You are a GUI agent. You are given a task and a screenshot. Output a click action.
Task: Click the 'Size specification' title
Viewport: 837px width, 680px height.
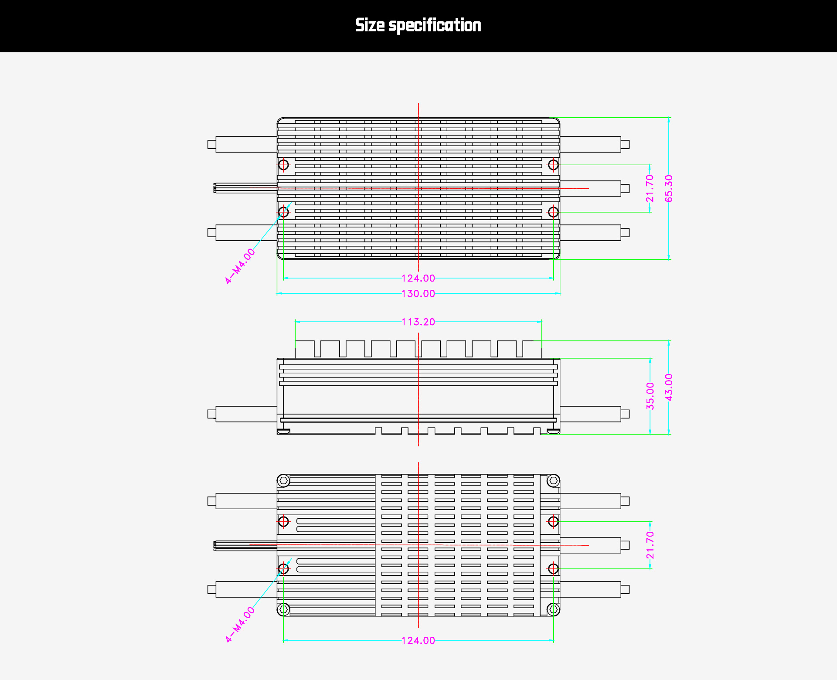coord(418,25)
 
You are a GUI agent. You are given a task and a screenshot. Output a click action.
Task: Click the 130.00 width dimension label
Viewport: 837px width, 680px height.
coord(418,294)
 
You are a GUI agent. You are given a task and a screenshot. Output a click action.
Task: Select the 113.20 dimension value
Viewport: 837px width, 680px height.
coord(418,322)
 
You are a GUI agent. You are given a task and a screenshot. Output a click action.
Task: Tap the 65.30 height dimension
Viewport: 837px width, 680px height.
coord(669,188)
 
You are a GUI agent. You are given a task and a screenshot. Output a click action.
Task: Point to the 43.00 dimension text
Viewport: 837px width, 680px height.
coord(669,387)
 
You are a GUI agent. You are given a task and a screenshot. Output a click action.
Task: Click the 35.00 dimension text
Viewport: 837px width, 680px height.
coord(650,396)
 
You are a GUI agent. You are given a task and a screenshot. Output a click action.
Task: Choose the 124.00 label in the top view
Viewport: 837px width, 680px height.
coord(418,278)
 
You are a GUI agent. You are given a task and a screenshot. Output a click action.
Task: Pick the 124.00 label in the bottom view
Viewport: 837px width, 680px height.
coord(418,640)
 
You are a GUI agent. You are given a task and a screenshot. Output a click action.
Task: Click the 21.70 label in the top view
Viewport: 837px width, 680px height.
coord(650,188)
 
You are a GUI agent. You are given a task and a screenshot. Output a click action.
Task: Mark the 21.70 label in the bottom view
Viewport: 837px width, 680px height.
coord(650,545)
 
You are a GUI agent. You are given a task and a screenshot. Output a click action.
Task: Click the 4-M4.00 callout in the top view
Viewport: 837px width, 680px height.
coord(240,266)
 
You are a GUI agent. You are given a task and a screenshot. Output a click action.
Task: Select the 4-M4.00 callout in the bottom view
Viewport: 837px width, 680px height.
coord(240,624)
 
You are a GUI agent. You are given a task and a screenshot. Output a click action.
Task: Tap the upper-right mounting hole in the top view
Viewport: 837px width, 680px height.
coord(553,165)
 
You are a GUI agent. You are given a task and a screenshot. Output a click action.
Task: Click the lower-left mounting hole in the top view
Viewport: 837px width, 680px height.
coord(283,212)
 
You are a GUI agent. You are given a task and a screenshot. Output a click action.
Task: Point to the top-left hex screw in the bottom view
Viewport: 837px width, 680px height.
coord(284,481)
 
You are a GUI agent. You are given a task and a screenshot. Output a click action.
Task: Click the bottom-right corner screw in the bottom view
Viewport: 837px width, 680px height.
coord(553,609)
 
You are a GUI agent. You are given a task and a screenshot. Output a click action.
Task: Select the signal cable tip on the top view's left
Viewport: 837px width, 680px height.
coord(215,188)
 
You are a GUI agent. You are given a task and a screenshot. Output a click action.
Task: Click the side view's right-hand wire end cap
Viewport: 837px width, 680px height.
coord(625,414)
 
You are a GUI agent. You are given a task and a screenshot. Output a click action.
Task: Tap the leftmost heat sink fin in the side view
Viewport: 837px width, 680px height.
coord(304,349)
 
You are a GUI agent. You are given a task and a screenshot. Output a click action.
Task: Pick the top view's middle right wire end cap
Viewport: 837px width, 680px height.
coord(625,188)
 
